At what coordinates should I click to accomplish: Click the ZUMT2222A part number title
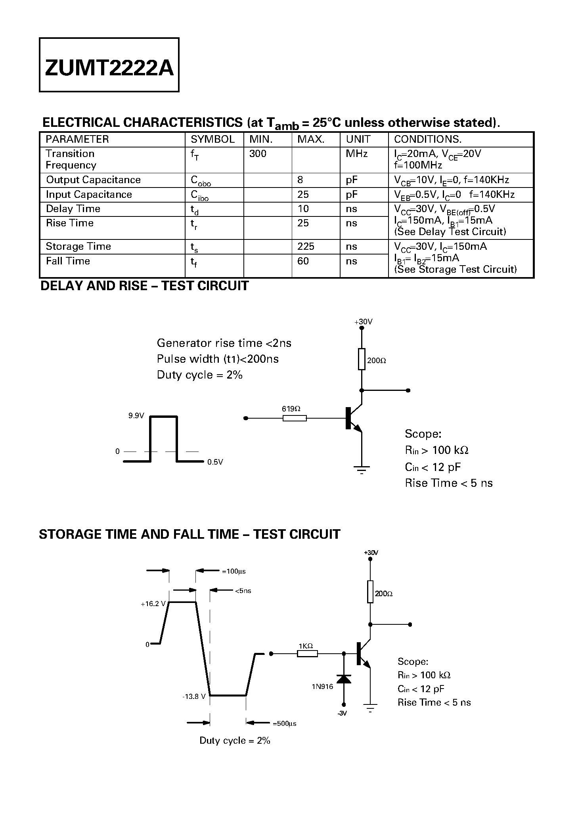(x=109, y=68)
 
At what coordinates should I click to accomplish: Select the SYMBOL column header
(x=212, y=140)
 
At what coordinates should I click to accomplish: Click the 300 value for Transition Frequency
(x=258, y=154)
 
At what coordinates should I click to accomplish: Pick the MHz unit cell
(x=356, y=154)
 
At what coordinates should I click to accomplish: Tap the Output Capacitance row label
(x=93, y=180)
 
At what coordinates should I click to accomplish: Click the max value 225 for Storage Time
(x=306, y=247)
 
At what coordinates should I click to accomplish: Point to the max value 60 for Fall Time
(x=303, y=261)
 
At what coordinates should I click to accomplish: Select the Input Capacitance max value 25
(x=303, y=195)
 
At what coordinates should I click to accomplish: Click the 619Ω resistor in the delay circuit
(x=294, y=418)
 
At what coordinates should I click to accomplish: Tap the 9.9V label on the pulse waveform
(x=136, y=416)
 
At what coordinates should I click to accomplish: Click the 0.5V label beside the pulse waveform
(x=215, y=462)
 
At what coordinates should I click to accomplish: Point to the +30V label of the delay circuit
(x=363, y=322)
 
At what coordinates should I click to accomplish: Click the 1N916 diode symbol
(x=343, y=679)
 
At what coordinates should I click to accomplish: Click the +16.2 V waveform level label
(x=153, y=604)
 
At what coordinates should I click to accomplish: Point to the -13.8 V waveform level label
(x=194, y=697)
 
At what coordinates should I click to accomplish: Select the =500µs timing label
(x=284, y=723)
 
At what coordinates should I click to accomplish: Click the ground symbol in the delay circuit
(x=362, y=470)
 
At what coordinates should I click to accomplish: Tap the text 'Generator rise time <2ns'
(x=224, y=343)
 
